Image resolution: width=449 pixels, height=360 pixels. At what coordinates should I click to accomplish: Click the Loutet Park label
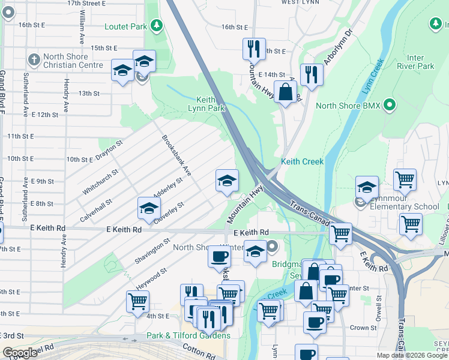click(x=125, y=26)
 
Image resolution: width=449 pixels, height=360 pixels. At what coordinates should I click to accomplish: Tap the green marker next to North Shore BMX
click(x=390, y=106)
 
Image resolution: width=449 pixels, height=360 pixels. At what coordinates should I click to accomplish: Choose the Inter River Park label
click(x=420, y=62)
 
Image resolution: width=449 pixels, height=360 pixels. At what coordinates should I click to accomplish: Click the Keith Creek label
click(x=302, y=161)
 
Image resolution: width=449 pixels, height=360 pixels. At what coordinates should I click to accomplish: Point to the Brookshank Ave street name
click(x=176, y=155)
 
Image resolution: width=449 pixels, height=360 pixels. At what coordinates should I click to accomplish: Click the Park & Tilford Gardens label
click(x=188, y=335)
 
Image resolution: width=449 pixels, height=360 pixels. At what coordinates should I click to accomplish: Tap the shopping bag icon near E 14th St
click(x=286, y=92)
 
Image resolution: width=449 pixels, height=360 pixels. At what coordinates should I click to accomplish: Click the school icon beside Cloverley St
click(x=149, y=208)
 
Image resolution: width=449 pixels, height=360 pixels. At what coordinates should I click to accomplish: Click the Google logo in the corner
click(x=20, y=353)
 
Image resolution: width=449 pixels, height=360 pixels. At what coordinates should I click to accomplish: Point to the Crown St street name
click(x=363, y=328)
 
